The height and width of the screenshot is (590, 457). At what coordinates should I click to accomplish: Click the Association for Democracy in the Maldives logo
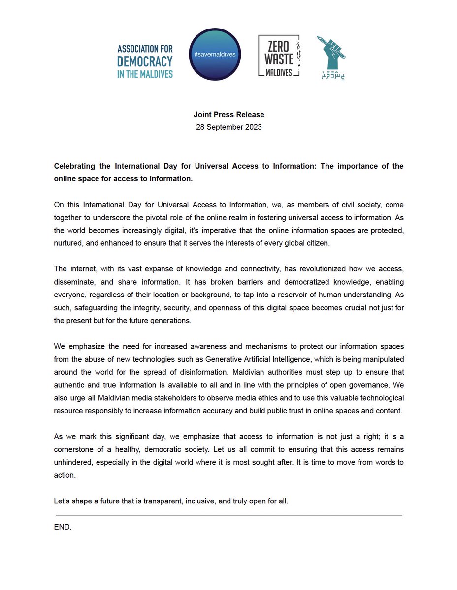(x=145, y=61)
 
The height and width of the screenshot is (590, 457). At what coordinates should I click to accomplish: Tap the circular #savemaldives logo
(x=215, y=55)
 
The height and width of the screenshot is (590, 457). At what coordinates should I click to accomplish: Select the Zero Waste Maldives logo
(x=279, y=56)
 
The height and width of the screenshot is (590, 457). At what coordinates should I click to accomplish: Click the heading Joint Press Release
(x=228, y=115)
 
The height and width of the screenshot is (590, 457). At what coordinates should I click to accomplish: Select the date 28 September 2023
(x=228, y=127)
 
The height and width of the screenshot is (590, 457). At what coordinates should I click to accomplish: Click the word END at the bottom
(x=63, y=527)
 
